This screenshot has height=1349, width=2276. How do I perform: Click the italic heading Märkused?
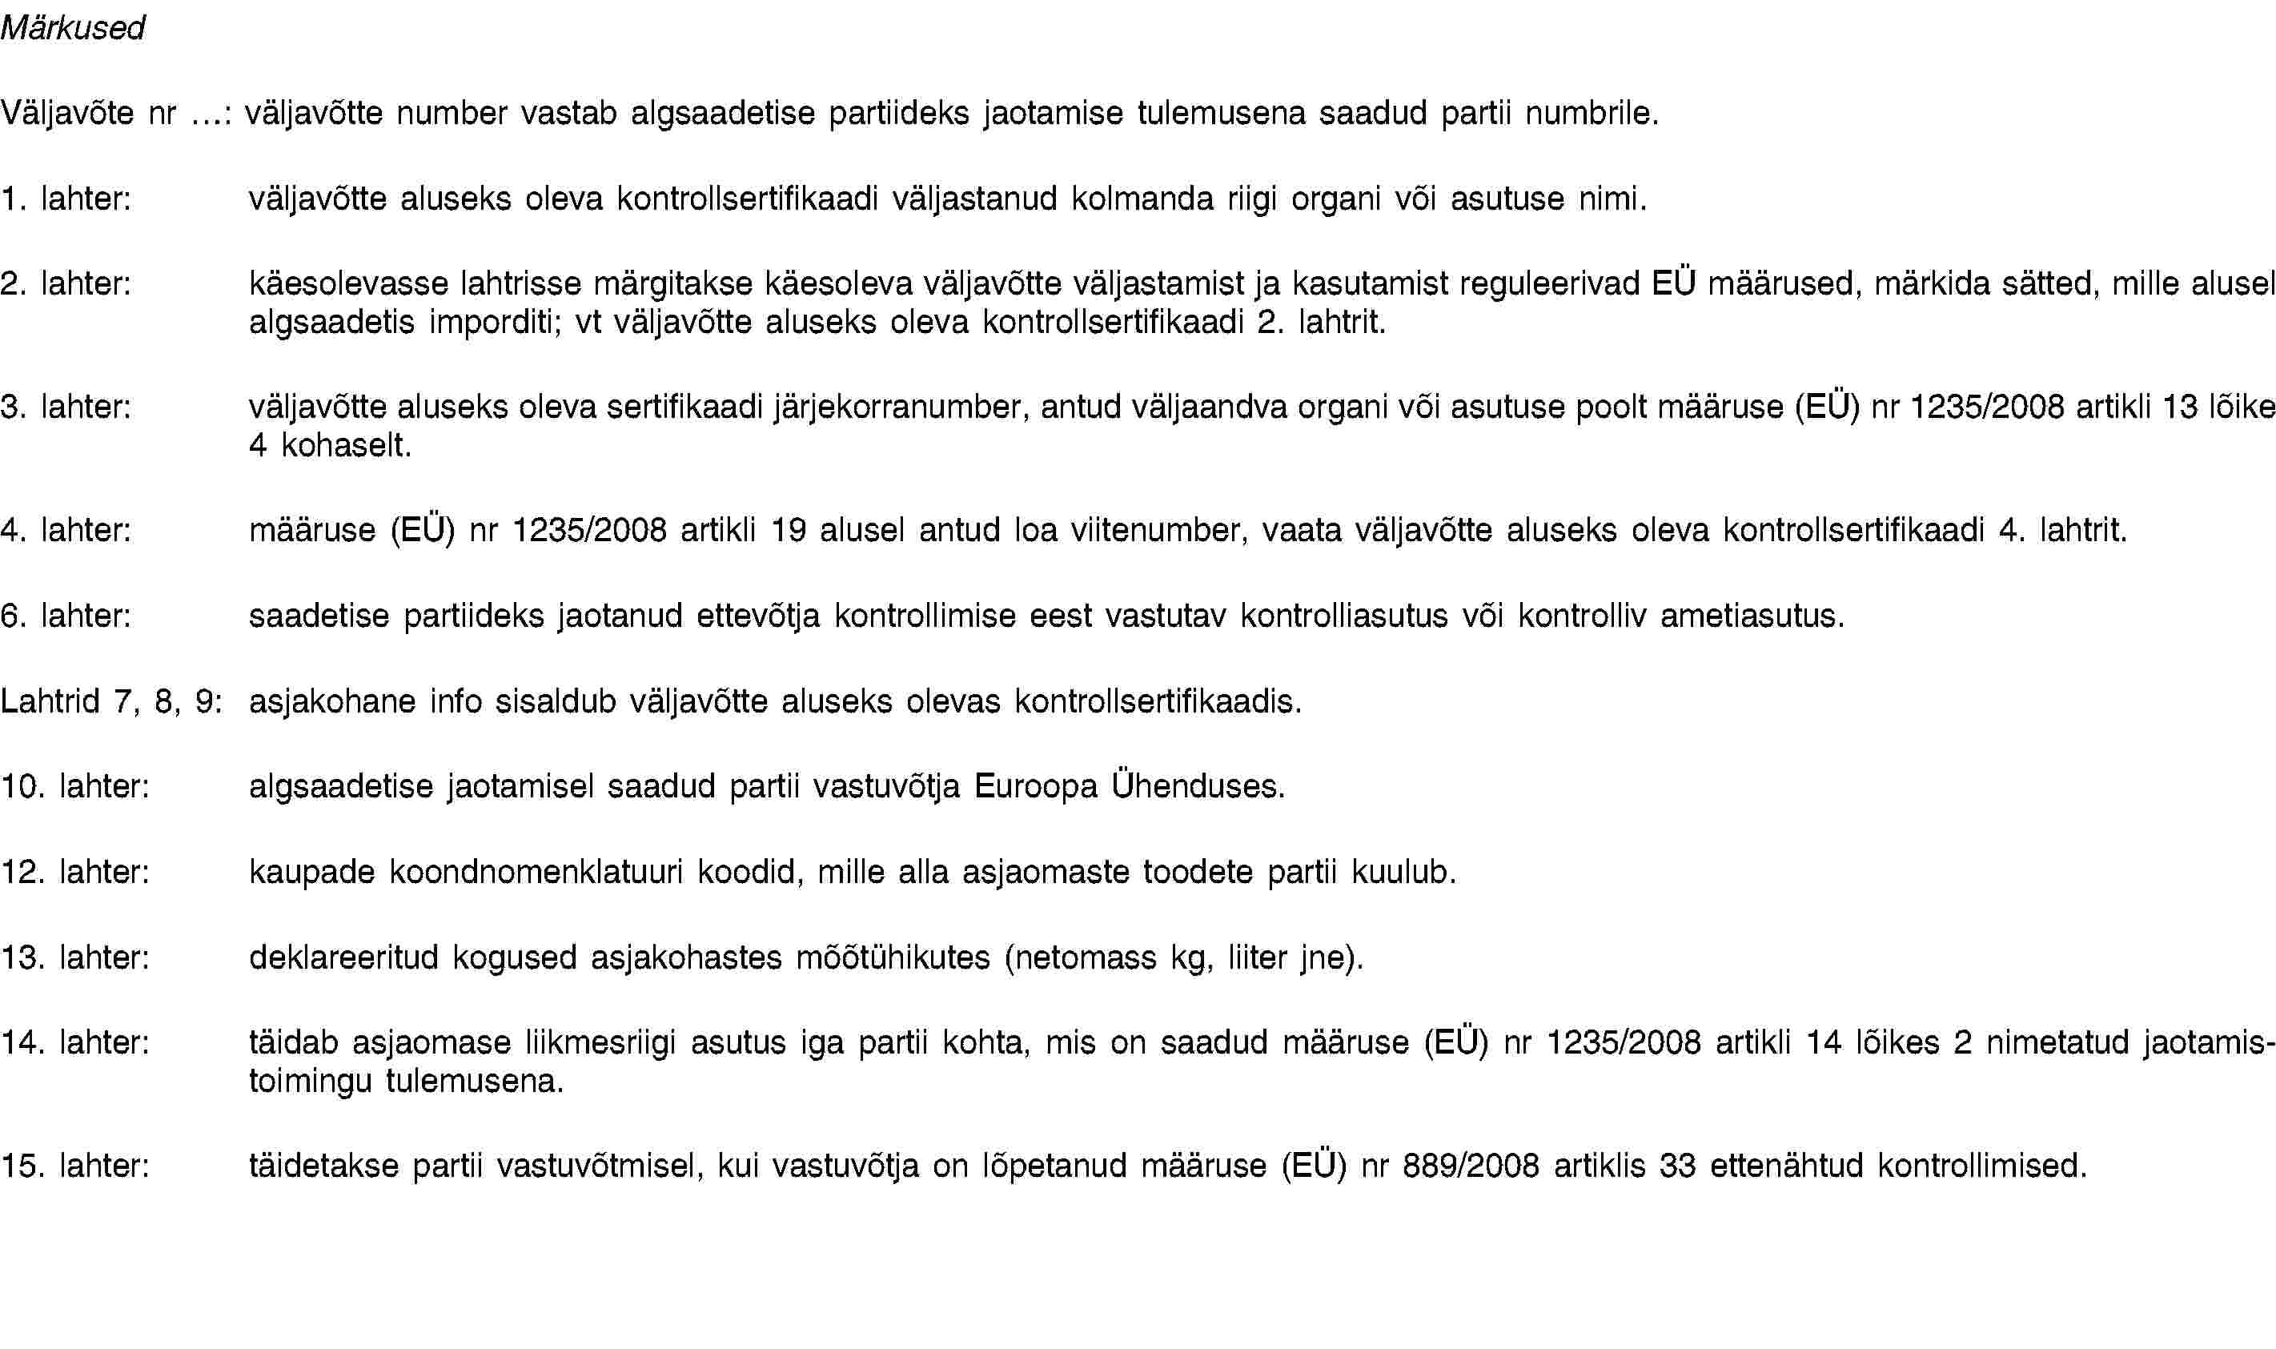click(x=73, y=29)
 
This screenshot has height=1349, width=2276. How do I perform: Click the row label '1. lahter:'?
click(x=66, y=199)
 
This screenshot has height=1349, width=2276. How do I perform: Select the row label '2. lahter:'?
click(x=66, y=283)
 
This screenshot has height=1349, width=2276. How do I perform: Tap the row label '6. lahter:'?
click(x=66, y=616)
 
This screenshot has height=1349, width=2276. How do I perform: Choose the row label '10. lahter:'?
click(x=75, y=786)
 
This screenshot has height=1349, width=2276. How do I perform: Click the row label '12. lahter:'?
click(x=75, y=872)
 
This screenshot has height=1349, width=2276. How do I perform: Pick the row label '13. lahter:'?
click(x=75, y=958)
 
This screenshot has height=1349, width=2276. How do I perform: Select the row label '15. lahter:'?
click(x=75, y=1166)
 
